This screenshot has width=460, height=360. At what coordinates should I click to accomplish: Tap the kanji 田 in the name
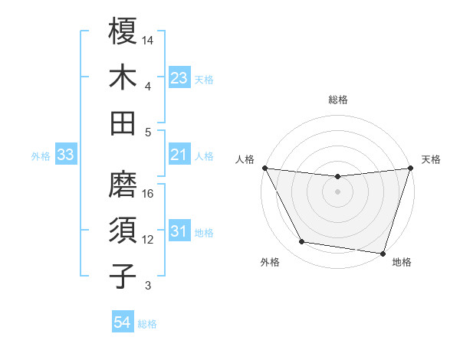123,123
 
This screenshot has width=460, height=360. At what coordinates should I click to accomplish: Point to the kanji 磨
123,185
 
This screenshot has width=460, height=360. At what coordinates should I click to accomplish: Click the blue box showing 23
179,77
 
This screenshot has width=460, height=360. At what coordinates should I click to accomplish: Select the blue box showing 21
179,155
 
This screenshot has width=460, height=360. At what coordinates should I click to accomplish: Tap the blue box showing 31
179,231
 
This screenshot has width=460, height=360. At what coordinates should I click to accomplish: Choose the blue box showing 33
66,155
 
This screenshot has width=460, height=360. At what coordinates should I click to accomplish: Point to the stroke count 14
149,40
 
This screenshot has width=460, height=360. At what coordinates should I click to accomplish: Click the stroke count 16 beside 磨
149,193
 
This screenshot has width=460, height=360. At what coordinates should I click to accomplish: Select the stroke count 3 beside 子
148,286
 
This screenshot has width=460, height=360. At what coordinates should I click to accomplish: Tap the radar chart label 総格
338,100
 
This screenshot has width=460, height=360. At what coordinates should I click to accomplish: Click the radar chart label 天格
431,159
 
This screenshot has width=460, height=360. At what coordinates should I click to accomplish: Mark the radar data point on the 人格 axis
264,168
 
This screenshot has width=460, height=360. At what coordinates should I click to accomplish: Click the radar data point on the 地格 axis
383,253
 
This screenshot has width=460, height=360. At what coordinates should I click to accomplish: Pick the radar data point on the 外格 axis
302,242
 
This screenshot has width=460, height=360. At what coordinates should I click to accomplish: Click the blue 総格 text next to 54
147,324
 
